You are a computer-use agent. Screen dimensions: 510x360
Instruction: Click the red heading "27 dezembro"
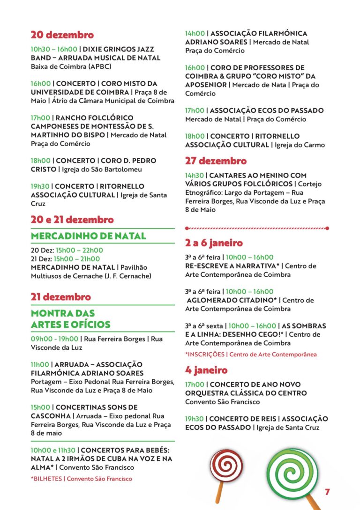216,161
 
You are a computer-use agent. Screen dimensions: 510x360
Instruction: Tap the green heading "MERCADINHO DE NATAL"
89,236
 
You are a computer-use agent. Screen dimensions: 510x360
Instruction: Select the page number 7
327,492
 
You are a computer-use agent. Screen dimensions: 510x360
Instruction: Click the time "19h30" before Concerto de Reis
195,419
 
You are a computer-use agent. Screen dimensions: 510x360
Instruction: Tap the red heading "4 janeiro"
206,370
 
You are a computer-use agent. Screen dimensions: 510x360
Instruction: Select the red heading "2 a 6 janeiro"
214,243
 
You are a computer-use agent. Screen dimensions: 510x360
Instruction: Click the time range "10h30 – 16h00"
54,49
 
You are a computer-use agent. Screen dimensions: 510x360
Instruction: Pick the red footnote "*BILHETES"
46,479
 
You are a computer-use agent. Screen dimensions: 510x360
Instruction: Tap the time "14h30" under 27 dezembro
195,176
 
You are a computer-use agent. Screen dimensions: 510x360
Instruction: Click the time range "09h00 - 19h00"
54,339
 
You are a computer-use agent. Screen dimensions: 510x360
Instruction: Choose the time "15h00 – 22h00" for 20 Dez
78,250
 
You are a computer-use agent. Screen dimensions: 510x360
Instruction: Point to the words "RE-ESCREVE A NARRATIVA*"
232,266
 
